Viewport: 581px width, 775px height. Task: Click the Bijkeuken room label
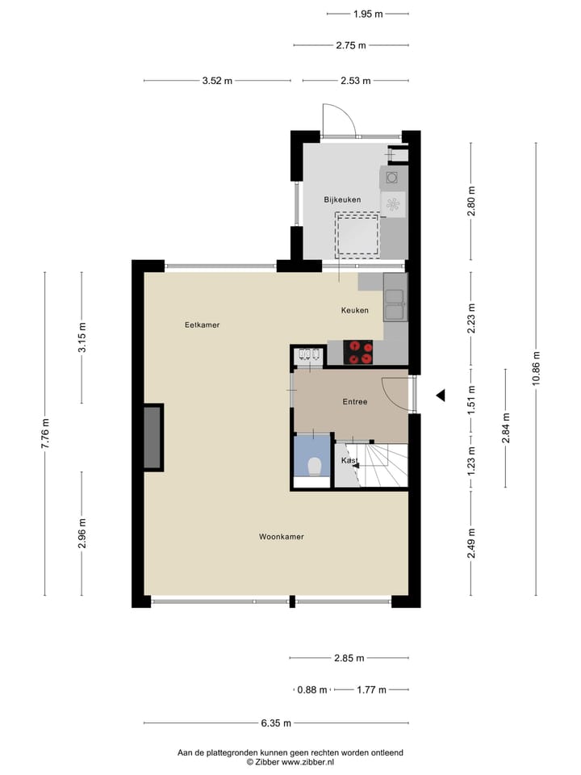[342, 199]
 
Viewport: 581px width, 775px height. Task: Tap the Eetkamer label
[203, 325]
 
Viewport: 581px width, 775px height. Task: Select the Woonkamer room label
[282, 537]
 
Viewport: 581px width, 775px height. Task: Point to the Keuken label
[355, 310]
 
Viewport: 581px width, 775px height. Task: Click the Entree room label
[355, 402]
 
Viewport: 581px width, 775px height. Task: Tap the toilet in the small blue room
[314, 466]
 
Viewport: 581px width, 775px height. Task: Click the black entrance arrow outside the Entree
[441, 395]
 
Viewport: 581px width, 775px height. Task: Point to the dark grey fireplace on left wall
[153, 438]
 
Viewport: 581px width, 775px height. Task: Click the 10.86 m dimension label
[537, 370]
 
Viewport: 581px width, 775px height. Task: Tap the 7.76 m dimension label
[45, 434]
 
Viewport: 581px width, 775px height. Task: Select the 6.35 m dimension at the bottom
[276, 723]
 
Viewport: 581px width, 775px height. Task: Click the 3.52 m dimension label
[218, 81]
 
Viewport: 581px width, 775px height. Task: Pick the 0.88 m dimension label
[312, 689]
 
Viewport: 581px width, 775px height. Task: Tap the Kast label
[349, 460]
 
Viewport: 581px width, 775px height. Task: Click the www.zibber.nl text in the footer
[306, 761]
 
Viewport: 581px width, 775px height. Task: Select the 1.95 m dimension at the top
[368, 14]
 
